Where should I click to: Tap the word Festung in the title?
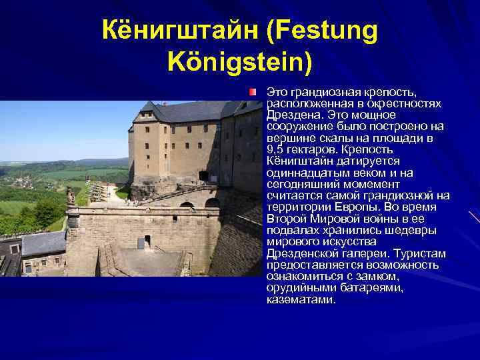(327, 30)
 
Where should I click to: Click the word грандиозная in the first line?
(321, 90)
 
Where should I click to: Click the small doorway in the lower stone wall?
(147, 240)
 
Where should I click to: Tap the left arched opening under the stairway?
(187, 205)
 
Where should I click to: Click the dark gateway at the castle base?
(203, 177)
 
